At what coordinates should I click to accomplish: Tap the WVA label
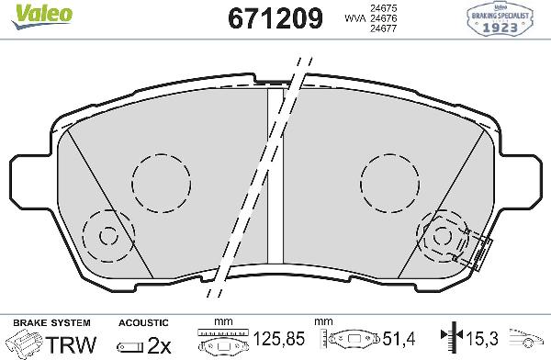pos(353,18)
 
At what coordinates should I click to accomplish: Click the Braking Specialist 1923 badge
pos(503,19)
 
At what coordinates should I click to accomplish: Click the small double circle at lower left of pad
pos(107,236)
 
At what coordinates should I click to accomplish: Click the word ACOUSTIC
pos(143,322)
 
